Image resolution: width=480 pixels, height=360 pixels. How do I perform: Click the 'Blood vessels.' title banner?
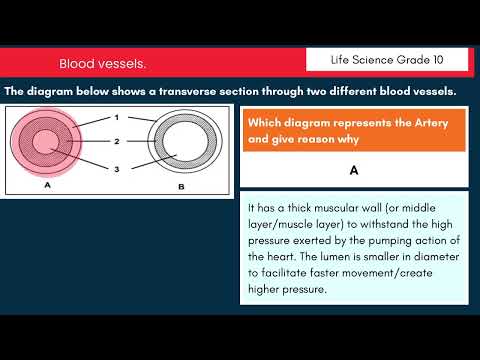[x=102, y=64]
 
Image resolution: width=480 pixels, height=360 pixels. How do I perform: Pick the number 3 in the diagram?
[x=116, y=171]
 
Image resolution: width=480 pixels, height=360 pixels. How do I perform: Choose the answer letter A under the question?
[x=354, y=170]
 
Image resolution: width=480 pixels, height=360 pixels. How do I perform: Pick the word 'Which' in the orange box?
[x=267, y=123]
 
